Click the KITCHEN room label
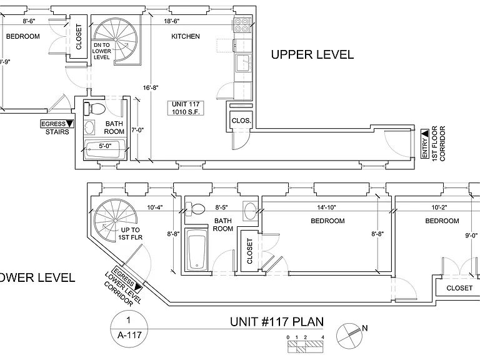(186, 36)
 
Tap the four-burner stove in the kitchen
(241, 25)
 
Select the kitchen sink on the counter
(243, 63)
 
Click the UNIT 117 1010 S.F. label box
(186, 108)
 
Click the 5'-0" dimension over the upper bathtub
(105, 146)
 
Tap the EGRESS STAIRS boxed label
(57, 127)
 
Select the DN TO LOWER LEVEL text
(102, 51)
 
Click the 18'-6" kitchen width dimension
(172, 21)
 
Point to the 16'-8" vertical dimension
(151, 88)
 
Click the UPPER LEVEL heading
(312, 54)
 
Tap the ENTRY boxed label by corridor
(424, 144)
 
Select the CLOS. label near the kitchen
(241, 121)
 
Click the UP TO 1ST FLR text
(131, 233)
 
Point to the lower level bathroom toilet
(195, 209)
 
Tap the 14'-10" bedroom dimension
(326, 207)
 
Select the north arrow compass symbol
(349, 336)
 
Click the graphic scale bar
(305, 346)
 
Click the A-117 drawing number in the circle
(129, 335)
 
